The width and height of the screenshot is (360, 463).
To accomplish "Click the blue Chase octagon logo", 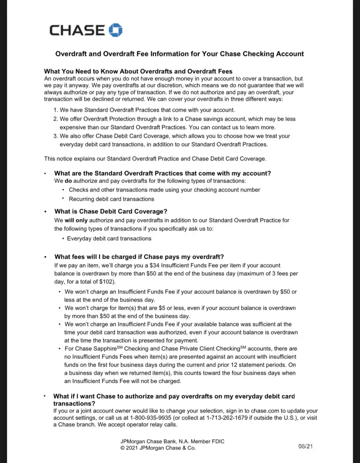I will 115,31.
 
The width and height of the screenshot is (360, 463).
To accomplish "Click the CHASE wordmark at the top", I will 77,31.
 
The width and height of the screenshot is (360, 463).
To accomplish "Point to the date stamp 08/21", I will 306,446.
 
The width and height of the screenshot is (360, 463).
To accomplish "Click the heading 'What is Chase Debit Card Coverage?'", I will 111,212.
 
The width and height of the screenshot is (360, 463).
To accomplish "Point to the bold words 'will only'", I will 74,220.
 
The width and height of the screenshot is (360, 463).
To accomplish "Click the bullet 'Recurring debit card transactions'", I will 111,199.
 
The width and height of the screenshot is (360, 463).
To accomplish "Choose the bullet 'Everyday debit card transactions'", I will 109,238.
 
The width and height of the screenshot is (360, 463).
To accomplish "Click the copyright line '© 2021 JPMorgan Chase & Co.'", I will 158,448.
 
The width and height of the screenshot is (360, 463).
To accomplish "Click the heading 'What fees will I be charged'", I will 139,257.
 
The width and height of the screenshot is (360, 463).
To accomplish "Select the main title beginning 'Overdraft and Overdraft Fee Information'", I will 180,54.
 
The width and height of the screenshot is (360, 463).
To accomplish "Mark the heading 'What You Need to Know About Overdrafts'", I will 138,71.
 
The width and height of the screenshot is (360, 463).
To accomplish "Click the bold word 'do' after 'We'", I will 67,181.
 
